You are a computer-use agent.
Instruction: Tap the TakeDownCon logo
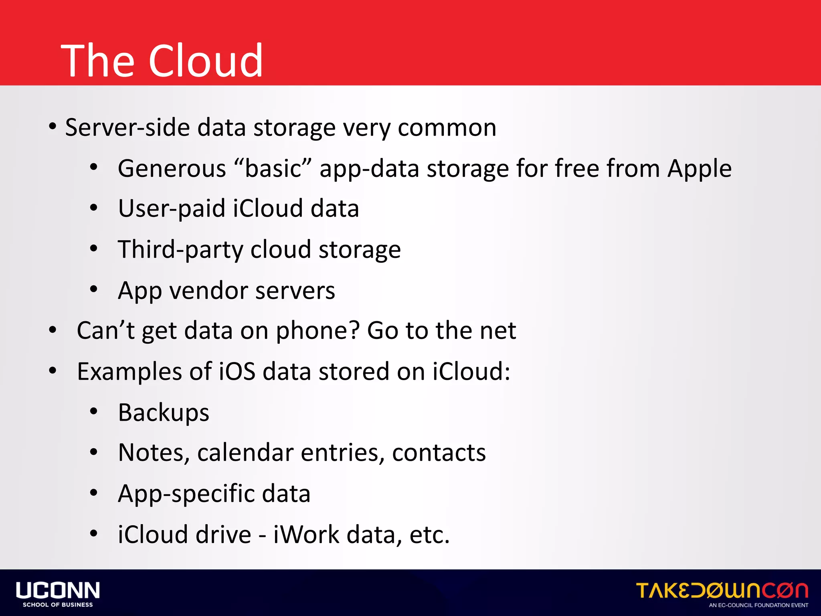(722, 591)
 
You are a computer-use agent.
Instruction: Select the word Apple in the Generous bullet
(699, 168)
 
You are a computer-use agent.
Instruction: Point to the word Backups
(164, 412)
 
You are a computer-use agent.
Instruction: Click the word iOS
(237, 371)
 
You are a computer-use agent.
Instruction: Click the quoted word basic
(273, 168)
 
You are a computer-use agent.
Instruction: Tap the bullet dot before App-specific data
(94, 493)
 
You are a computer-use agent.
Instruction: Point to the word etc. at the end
(429, 535)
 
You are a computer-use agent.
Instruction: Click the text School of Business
(58, 605)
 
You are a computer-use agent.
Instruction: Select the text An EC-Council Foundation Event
(758, 605)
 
